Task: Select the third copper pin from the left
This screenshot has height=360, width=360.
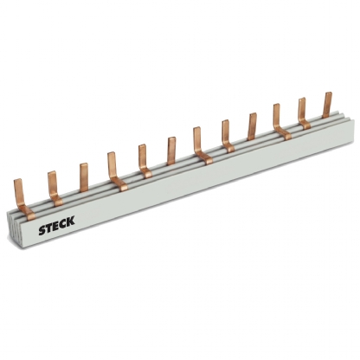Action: click(x=84, y=176)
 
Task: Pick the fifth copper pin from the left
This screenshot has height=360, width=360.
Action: click(x=142, y=158)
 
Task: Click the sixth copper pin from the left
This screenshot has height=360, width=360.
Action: click(x=171, y=149)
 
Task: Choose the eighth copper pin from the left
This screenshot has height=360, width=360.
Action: click(x=226, y=132)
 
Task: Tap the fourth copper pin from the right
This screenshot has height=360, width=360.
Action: click(x=253, y=125)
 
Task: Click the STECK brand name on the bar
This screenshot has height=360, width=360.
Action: click(x=56, y=222)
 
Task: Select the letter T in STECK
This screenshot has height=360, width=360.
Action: click(x=48, y=224)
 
